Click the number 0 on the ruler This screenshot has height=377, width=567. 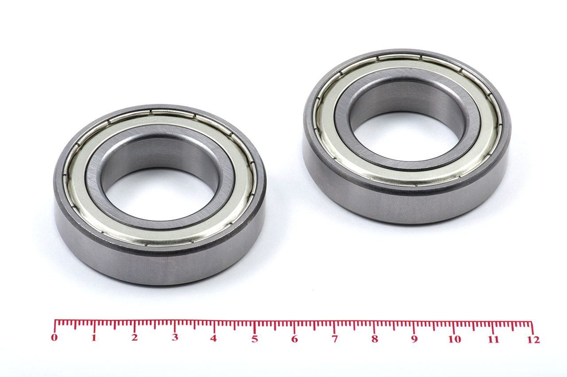click(54, 338)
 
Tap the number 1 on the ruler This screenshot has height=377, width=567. click(94, 338)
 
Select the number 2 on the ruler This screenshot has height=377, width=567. click(134, 338)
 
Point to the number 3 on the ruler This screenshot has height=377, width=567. click(175, 338)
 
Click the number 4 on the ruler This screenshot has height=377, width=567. click(214, 338)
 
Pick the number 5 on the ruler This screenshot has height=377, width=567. click(255, 339)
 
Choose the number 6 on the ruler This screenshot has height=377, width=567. click(295, 339)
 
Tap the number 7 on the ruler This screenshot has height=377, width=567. click(334, 339)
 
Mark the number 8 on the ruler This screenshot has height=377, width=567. click(375, 339)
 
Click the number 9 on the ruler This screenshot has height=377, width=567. click(414, 339)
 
